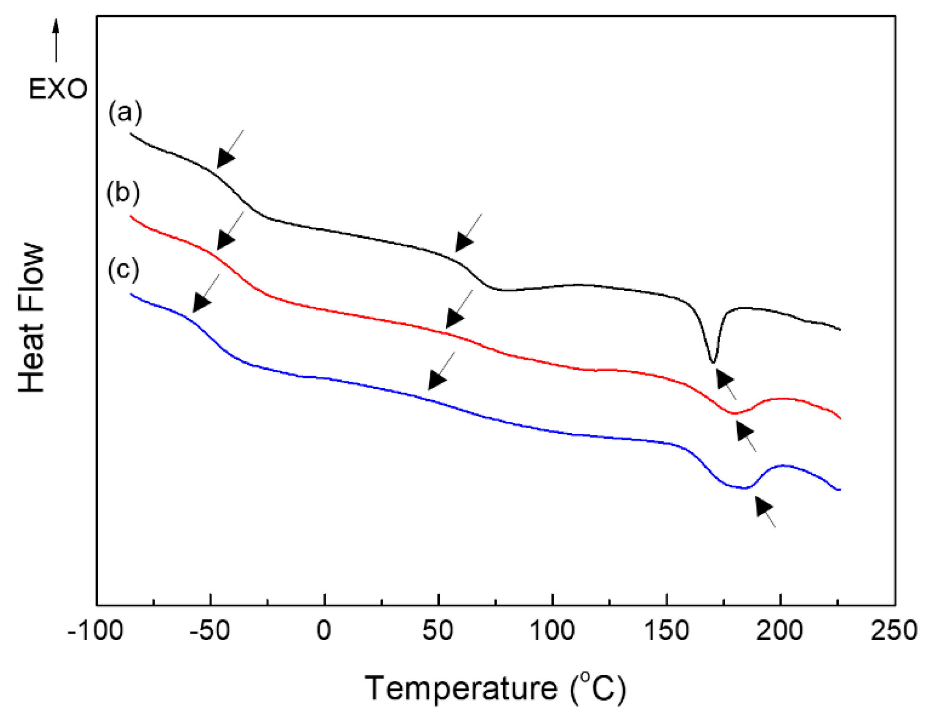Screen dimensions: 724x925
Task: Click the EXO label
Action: click(58, 89)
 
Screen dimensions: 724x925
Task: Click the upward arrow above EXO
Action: click(56, 40)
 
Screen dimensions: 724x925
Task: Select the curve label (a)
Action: click(125, 113)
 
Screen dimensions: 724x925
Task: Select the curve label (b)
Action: click(123, 193)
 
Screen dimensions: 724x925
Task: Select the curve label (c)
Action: click(123, 269)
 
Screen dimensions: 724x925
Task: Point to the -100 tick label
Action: click(96, 631)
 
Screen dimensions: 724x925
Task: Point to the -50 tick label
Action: click(210, 631)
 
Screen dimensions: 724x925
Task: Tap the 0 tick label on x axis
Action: click(324, 631)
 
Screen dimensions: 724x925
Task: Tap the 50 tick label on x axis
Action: click(438, 631)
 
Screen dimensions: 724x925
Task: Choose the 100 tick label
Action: click(552, 631)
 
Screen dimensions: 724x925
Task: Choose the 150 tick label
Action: click(666, 631)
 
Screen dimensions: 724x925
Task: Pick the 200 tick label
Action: click(780, 631)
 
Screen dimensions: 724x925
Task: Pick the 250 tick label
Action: click(894, 631)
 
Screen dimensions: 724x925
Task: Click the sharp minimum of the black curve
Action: click(713, 362)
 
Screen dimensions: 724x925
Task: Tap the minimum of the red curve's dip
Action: click(734, 413)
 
